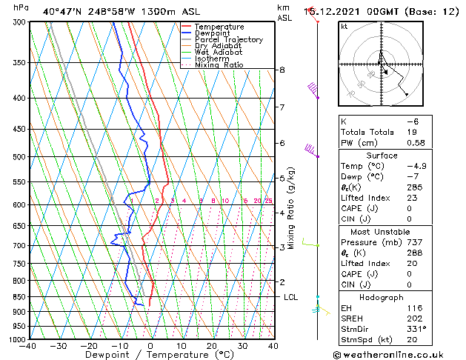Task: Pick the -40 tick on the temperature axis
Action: click(x=29, y=346)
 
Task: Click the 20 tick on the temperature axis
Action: click(x=212, y=346)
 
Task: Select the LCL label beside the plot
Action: click(x=291, y=297)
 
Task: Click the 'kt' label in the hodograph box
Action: click(x=344, y=27)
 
